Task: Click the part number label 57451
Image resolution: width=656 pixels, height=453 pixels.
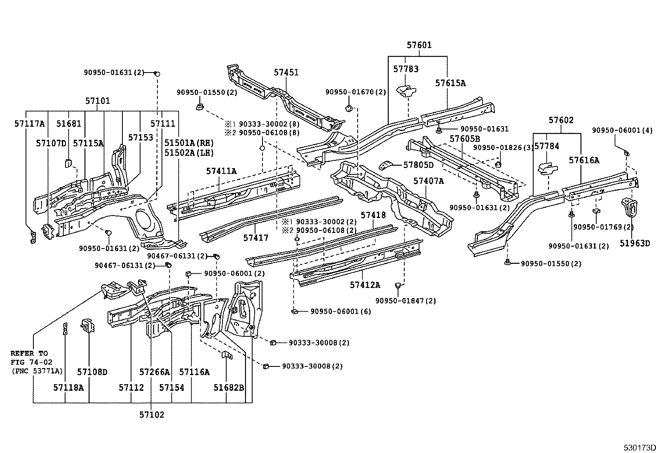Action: (x=286, y=73)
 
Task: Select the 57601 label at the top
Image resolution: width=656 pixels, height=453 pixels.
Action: (x=419, y=45)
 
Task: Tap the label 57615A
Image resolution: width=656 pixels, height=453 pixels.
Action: (x=450, y=83)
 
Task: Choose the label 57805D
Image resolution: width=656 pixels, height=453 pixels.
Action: (x=418, y=165)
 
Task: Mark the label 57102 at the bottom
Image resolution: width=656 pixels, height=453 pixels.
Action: (x=152, y=415)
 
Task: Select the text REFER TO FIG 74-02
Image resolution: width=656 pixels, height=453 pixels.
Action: (x=29, y=357)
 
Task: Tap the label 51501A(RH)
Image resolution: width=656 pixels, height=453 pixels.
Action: (x=189, y=143)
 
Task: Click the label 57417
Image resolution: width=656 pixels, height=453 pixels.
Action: (x=255, y=238)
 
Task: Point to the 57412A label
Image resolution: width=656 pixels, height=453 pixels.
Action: (x=365, y=285)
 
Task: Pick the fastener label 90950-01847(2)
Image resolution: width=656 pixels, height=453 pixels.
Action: (x=405, y=301)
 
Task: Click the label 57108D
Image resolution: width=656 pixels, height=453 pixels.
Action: (x=92, y=372)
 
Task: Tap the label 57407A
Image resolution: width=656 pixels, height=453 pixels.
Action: (x=429, y=181)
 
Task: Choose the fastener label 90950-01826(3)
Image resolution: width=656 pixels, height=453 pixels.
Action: (x=503, y=148)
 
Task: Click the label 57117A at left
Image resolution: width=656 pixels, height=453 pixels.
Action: (x=29, y=123)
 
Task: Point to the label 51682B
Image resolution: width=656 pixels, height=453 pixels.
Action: (x=229, y=387)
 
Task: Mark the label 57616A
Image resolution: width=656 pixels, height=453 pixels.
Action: (x=584, y=161)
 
